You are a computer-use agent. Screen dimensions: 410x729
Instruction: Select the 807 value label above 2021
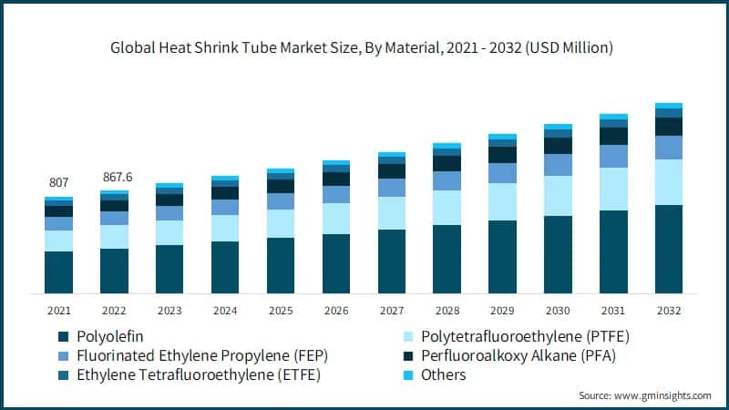tap(58, 182)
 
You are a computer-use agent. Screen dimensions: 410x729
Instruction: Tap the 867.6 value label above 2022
tap(114, 177)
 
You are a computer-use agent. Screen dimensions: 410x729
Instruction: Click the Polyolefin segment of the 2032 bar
tap(669, 249)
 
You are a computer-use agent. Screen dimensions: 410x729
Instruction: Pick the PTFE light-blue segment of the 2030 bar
tap(558, 196)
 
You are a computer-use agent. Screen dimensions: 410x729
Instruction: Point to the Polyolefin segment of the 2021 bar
tap(58, 272)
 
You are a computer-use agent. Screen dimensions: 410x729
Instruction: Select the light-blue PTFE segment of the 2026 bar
tap(336, 219)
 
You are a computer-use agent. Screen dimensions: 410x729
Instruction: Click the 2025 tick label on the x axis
tap(280, 311)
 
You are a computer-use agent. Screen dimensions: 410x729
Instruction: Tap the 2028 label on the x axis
tap(447, 311)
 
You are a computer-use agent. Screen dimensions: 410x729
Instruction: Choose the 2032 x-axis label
tap(669, 311)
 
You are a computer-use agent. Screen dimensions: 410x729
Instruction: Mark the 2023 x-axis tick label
tap(169, 311)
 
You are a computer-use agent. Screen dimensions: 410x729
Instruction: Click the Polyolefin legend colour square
tap(63, 335)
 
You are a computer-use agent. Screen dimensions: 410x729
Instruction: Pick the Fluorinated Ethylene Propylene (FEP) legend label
tap(203, 354)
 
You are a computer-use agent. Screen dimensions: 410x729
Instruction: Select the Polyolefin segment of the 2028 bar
tap(447, 259)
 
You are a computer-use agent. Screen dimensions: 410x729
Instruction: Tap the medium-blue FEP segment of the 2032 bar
tap(669, 148)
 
